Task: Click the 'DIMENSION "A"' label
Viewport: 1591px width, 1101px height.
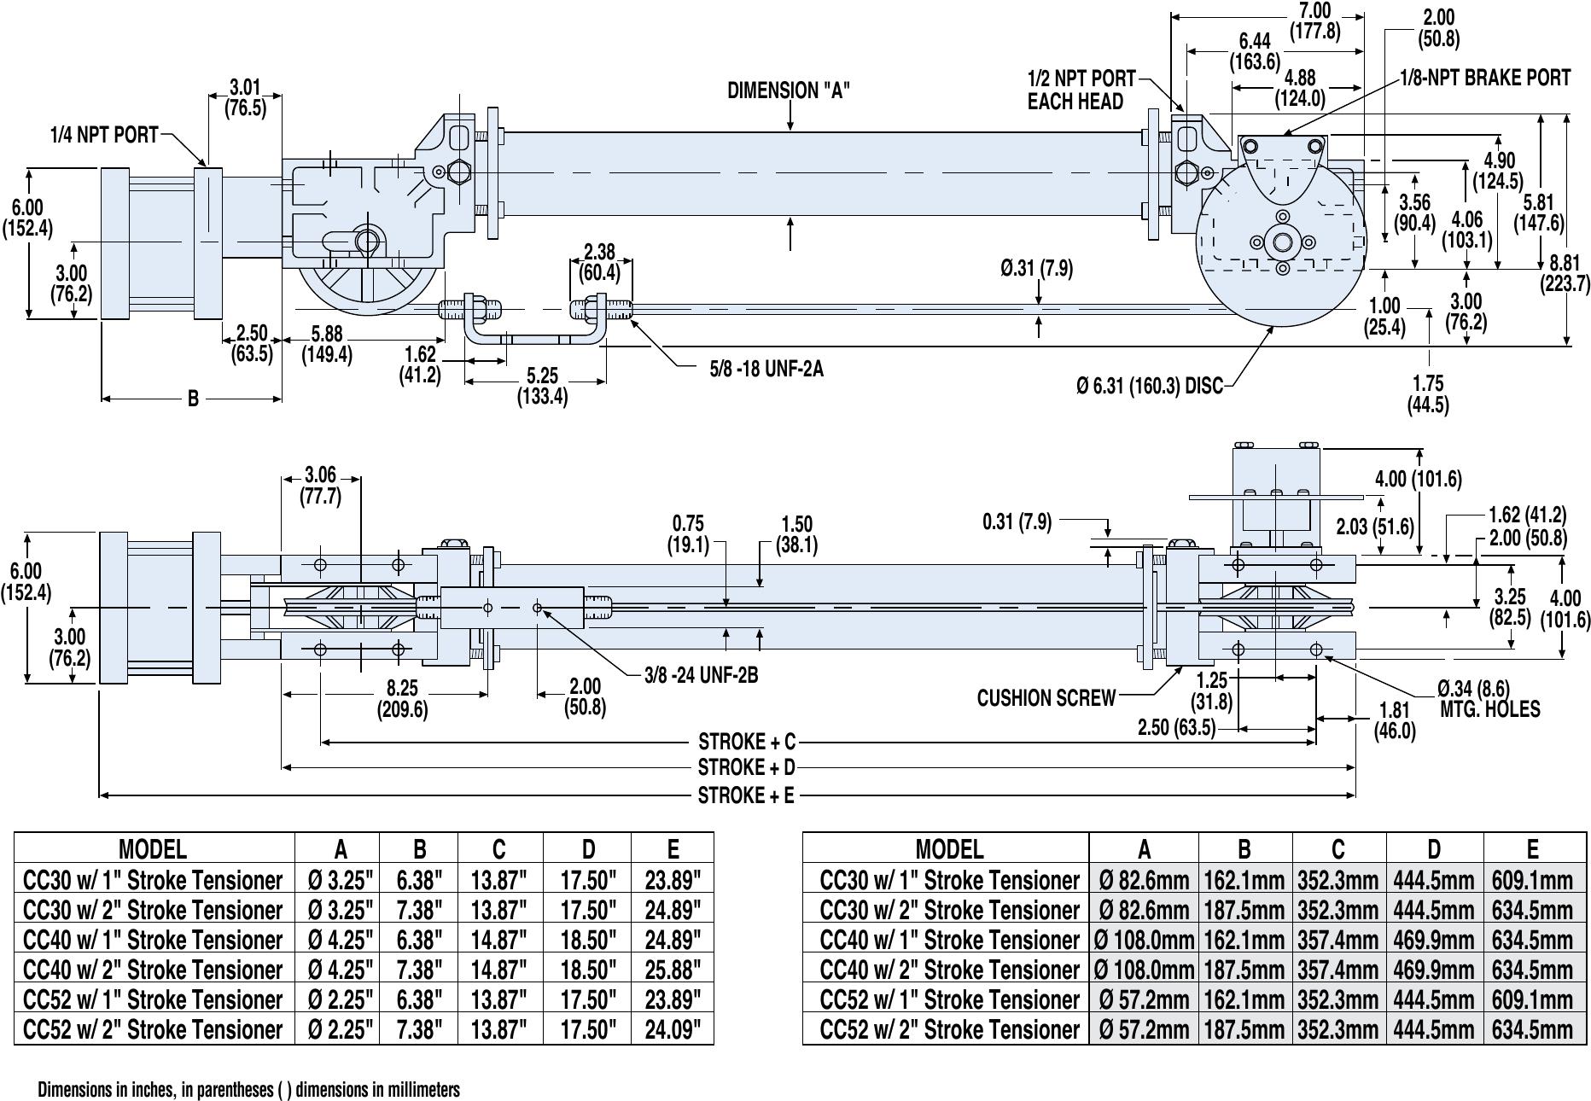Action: [788, 90]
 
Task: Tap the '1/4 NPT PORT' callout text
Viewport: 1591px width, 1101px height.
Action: [104, 135]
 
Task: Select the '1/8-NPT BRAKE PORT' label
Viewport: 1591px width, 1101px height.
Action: [1484, 78]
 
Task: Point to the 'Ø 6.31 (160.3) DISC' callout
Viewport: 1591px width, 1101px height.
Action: [1149, 387]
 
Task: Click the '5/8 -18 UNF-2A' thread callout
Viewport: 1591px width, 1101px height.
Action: [766, 370]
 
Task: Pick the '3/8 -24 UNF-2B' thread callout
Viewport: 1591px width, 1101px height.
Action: [701, 675]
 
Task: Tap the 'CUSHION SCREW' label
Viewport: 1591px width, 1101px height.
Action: [1046, 698]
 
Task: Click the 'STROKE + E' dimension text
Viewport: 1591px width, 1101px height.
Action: [746, 795]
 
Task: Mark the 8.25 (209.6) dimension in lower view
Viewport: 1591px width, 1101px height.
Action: [402, 699]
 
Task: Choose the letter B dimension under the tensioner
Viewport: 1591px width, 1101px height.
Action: [193, 399]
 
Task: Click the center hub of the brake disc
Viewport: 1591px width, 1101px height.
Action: [1282, 242]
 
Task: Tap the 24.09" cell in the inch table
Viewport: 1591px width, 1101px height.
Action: [673, 1029]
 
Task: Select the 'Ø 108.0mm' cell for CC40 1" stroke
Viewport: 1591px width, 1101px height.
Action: [1144, 940]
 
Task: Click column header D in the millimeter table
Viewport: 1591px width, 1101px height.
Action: [1434, 848]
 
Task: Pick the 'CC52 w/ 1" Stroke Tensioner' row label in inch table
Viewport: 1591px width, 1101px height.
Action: [154, 999]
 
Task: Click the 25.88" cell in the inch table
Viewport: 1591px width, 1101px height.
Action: [673, 970]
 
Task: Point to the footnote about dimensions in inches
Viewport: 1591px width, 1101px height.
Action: [248, 1090]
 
